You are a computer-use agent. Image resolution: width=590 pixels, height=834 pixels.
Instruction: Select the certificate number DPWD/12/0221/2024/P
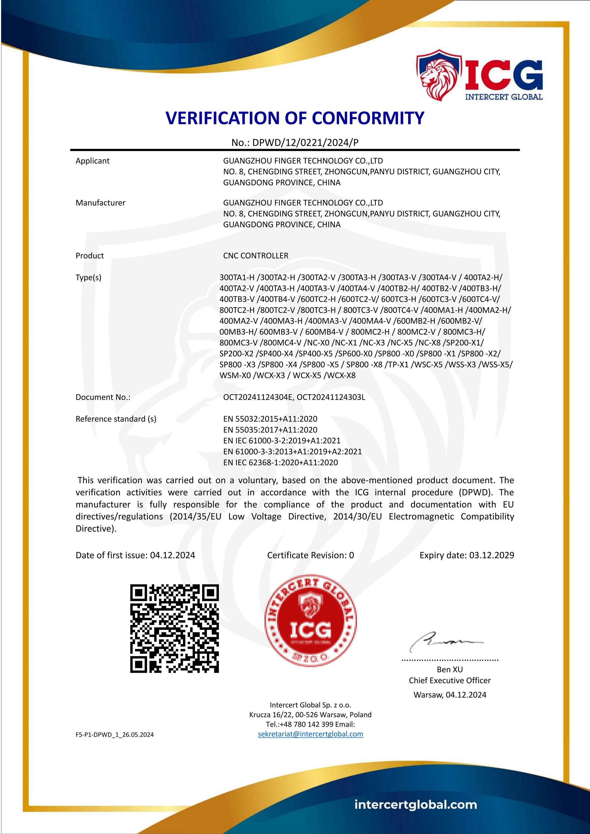(305, 143)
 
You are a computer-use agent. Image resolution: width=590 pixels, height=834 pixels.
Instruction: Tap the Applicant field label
(92, 161)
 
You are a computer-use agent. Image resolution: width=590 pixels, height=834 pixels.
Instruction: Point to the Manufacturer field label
(100, 203)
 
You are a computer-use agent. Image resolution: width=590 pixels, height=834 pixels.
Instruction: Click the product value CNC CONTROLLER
(255, 256)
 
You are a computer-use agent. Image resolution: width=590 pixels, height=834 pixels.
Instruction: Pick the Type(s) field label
(88, 278)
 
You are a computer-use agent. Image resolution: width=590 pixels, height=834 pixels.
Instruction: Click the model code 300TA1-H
(237, 278)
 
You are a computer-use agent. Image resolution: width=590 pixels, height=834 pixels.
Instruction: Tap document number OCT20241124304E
(258, 397)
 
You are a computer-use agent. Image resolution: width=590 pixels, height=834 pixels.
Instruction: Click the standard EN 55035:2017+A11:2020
(270, 430)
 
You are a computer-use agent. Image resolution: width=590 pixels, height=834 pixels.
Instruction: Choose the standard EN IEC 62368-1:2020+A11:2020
(280, 462)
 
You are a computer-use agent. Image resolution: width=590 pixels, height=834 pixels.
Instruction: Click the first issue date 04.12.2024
(173, 555)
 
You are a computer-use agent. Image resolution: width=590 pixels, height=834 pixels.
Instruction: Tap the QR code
(174, 628)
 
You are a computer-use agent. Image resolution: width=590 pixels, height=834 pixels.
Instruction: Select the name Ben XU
(450, 669)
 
